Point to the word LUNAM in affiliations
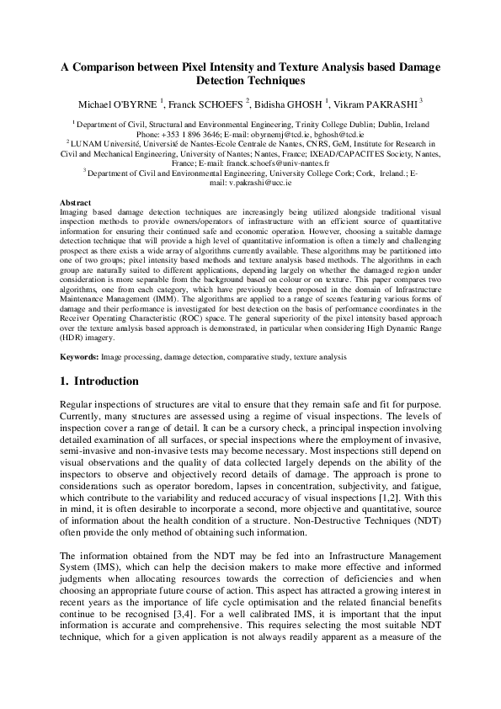click(x=87, y=144)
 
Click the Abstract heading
click(x=77, y=203)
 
